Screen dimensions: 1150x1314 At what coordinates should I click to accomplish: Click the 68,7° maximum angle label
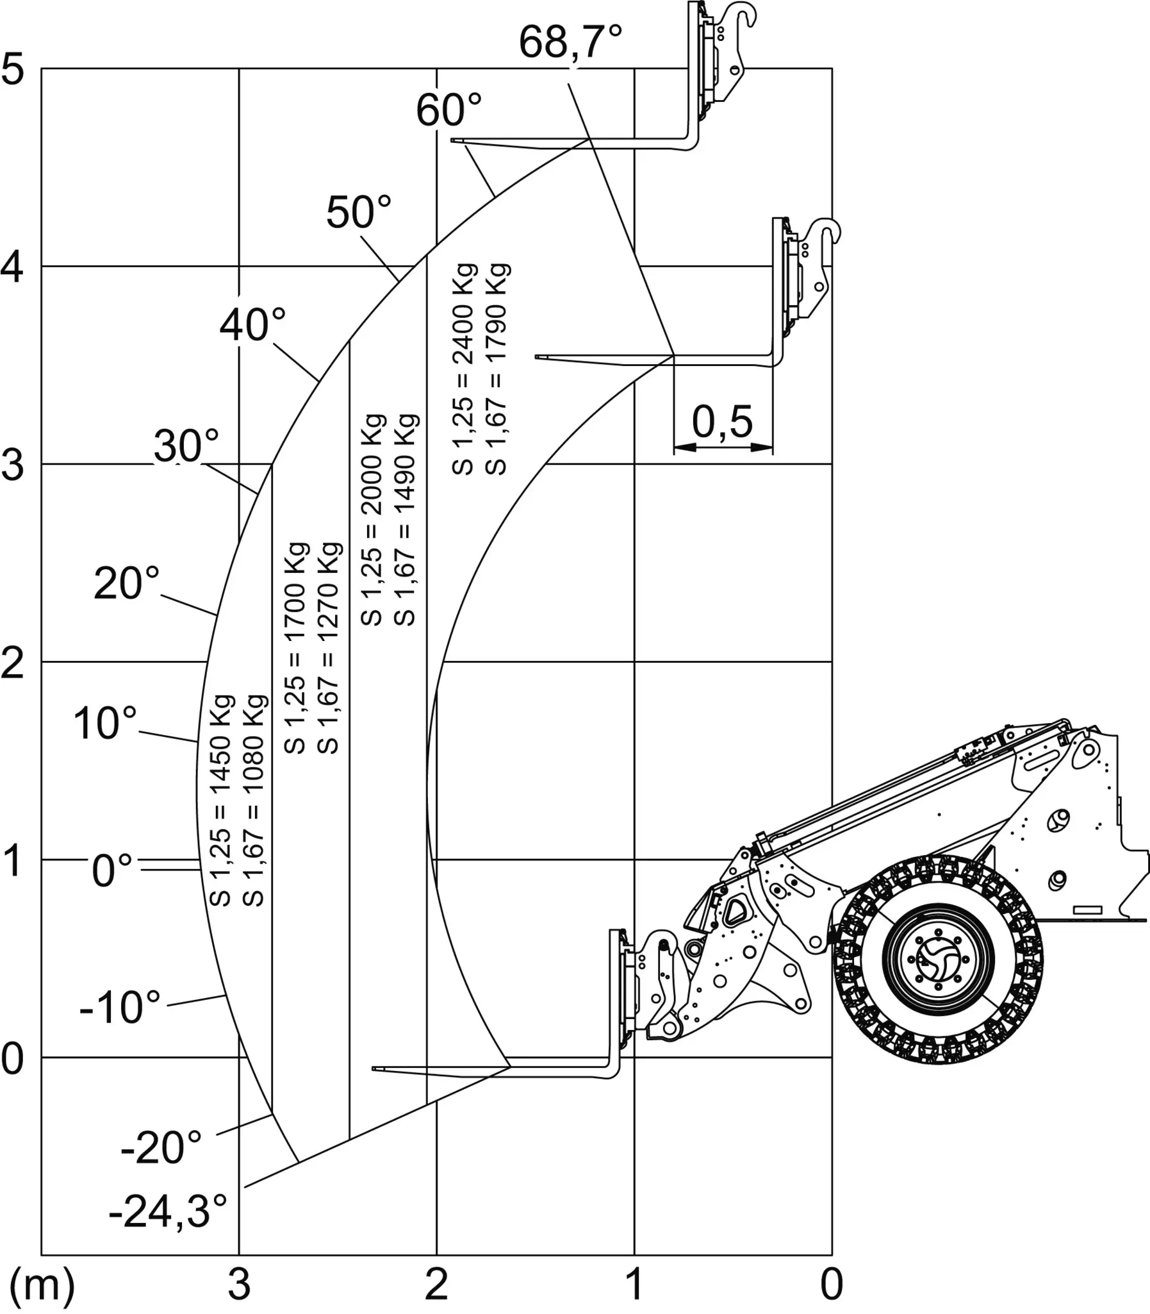click(570, 42)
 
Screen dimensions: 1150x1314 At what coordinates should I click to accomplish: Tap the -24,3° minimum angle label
click(168, 1211)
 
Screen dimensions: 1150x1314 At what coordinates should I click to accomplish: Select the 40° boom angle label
click(253, 324)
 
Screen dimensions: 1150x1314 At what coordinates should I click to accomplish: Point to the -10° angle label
click(120, 1007)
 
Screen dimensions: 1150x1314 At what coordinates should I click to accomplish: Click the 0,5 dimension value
click(723, 422)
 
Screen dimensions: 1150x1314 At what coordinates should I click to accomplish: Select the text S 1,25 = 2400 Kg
click(463, 369)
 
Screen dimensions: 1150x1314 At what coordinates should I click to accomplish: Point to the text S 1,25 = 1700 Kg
click(296, 648)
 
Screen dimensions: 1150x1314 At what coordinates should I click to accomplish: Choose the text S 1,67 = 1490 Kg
click(405, 520)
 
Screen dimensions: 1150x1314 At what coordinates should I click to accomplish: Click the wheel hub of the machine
click(937, 960)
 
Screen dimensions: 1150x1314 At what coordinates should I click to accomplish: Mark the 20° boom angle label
click(126, 583)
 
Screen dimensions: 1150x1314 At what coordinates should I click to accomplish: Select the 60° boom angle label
click(448, 110)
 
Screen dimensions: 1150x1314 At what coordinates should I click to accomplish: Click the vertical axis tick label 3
click(12, 465)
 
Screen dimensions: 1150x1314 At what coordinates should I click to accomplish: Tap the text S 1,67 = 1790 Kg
click(496, 369)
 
